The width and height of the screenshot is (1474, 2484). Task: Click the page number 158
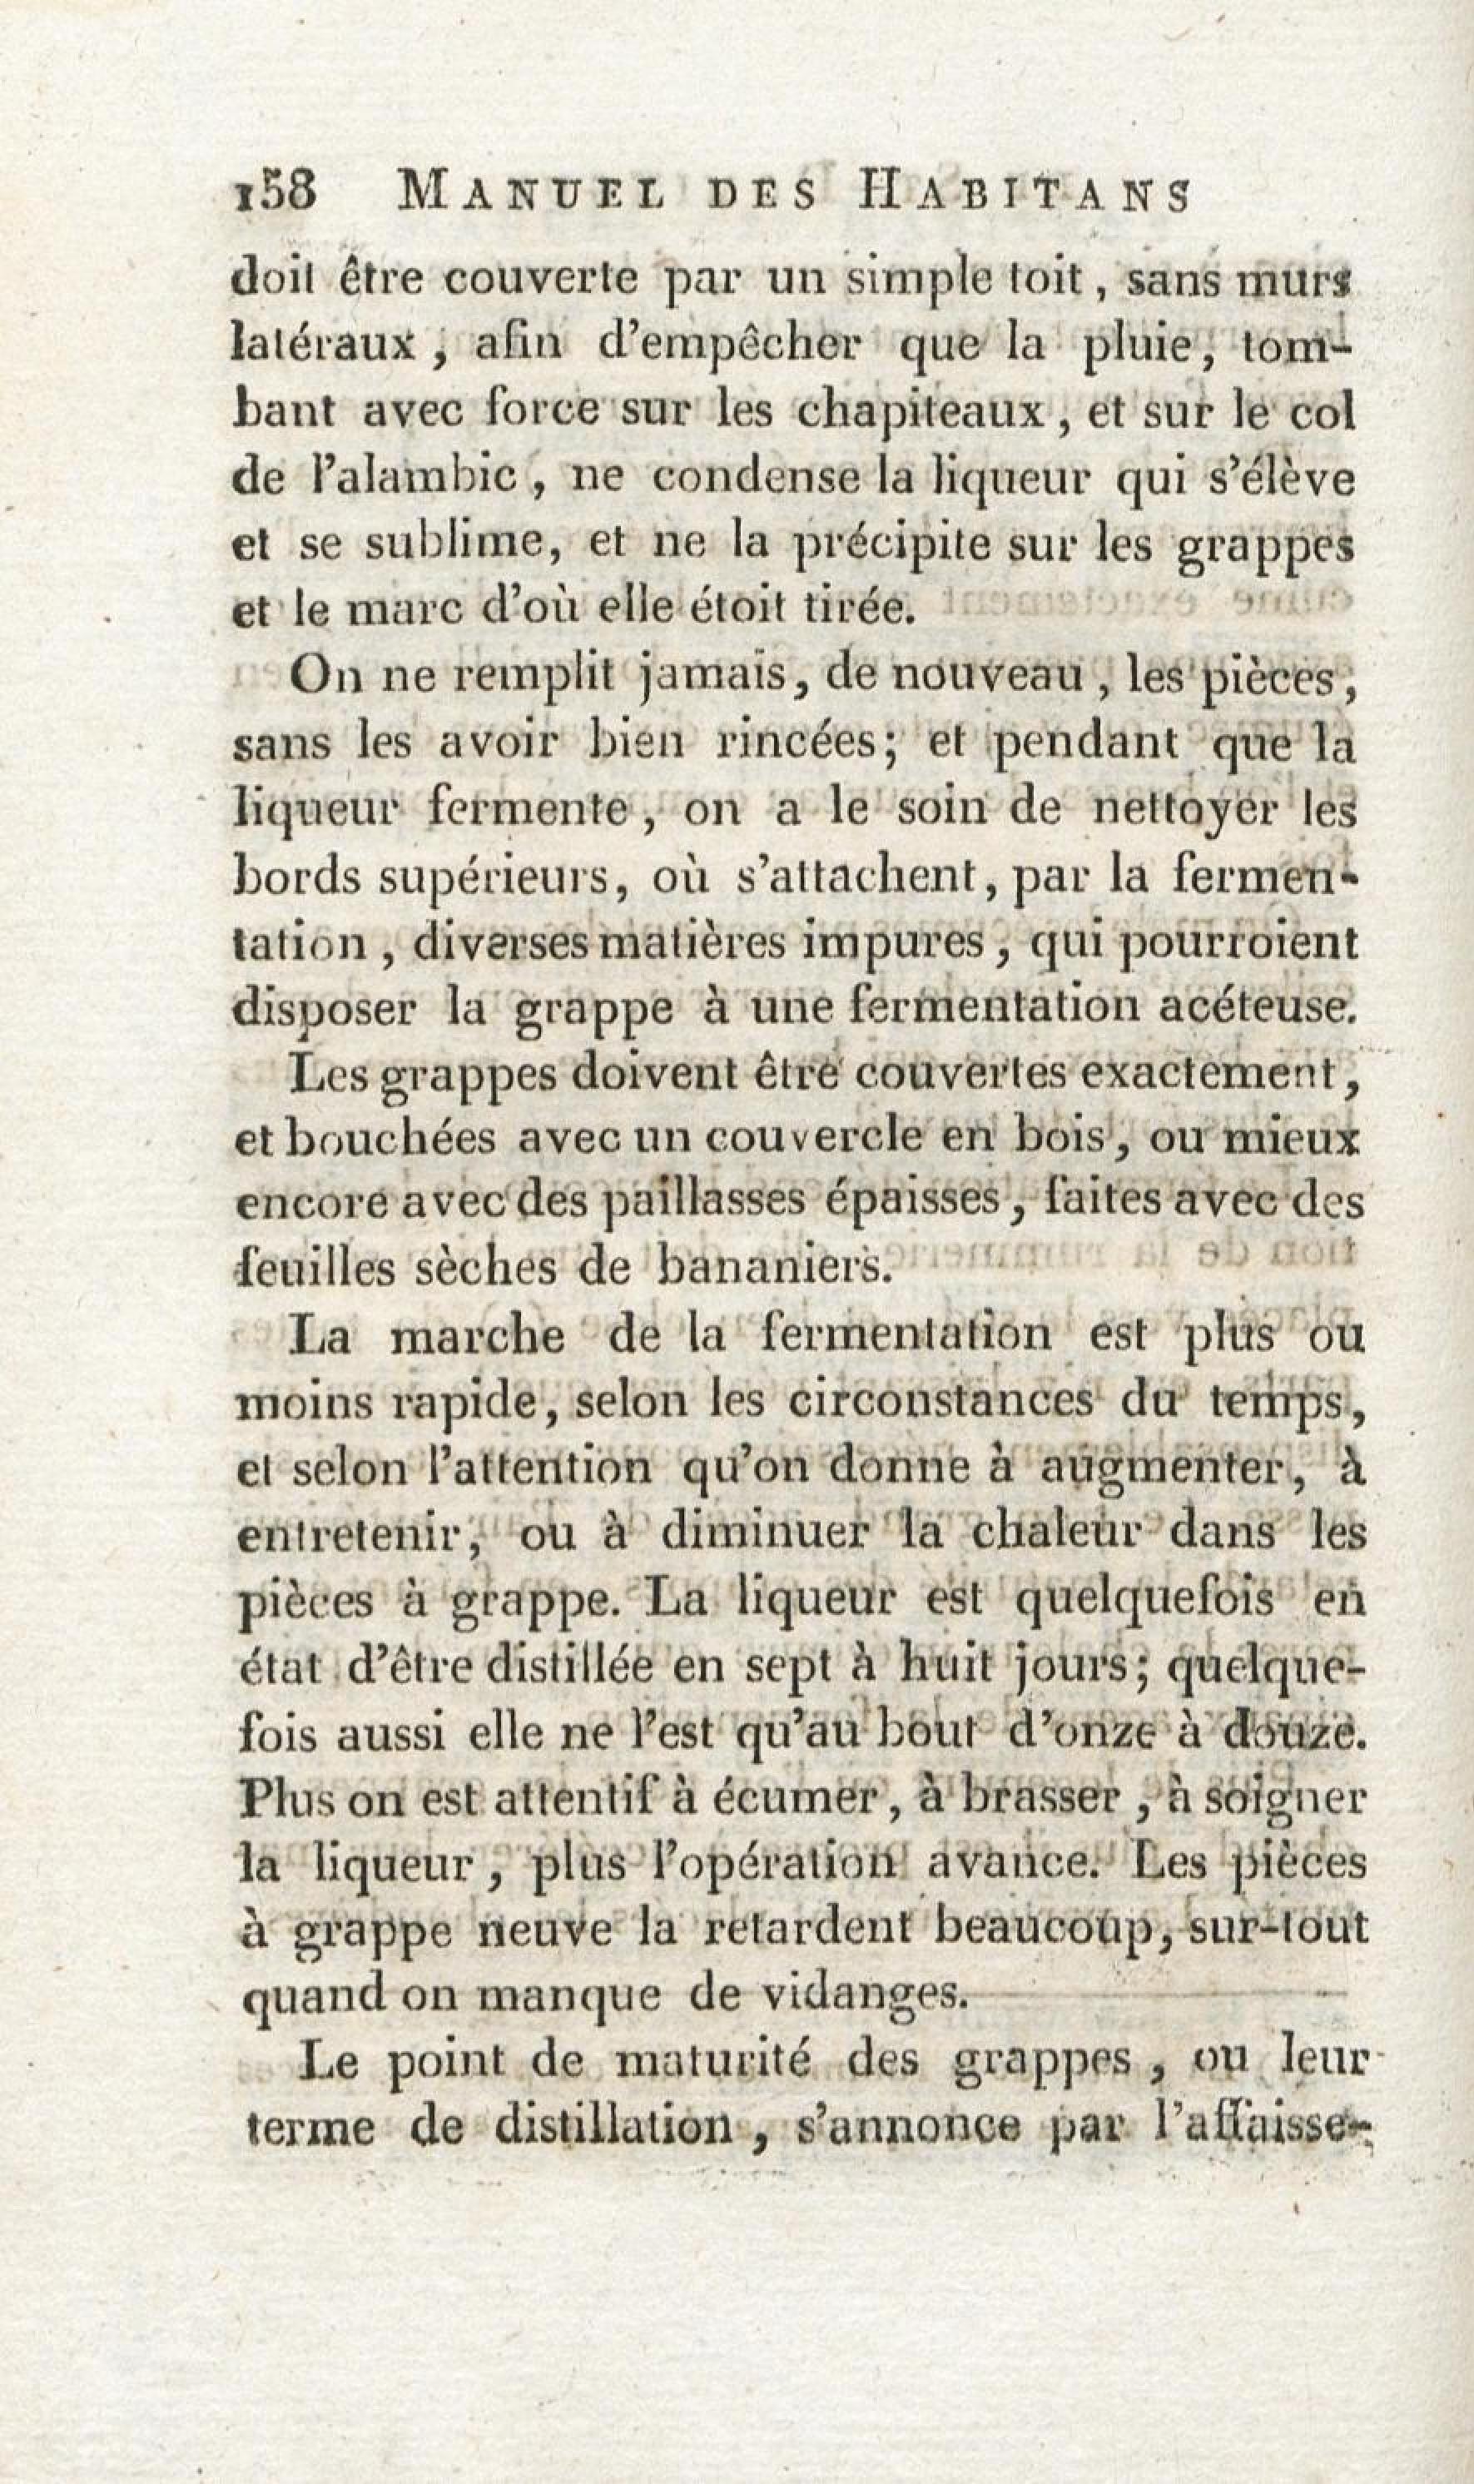[273, 191]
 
